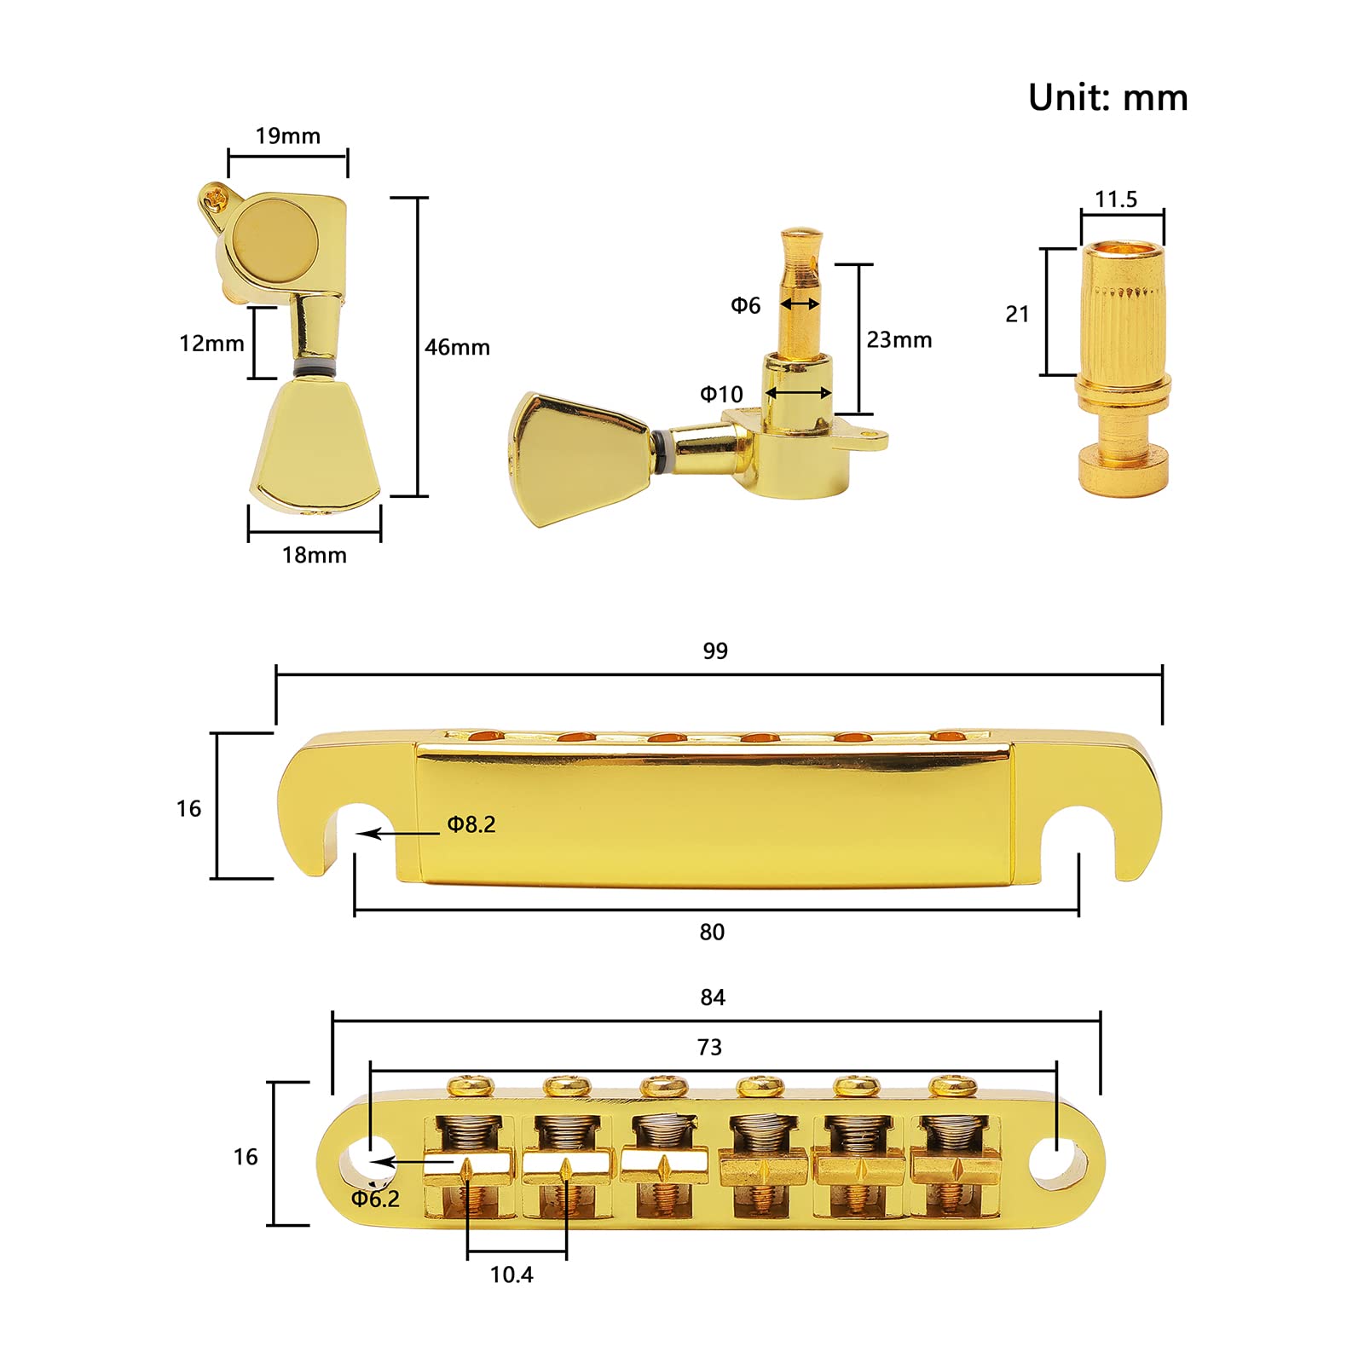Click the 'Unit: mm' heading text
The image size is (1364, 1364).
1107,98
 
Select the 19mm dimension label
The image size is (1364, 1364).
287,136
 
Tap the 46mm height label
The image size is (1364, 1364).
457,348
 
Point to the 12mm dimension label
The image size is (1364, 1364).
211,344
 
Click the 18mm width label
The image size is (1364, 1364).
314,556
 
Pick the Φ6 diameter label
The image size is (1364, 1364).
745,305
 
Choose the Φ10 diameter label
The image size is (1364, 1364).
721,394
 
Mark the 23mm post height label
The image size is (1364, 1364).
899,340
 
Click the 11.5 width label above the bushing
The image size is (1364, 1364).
1116,199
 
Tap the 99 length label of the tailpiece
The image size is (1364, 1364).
715,651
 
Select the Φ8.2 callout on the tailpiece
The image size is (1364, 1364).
471,824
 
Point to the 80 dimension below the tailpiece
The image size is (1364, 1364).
712,933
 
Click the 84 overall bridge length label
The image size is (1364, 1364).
713,997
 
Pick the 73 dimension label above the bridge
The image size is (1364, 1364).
709,1048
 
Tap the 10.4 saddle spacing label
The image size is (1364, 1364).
511,1274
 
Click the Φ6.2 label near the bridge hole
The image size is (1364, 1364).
376,1199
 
